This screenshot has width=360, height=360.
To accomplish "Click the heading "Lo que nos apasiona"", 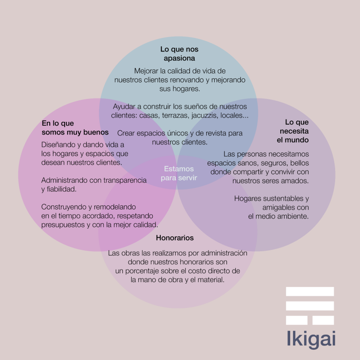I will point(180,53).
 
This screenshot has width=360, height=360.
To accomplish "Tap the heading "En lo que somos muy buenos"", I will point(75,127).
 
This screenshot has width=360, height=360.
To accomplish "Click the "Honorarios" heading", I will point(175,238).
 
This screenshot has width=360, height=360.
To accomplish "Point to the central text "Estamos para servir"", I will point(179,173).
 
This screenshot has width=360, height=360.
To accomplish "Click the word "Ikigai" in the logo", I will point(311,339).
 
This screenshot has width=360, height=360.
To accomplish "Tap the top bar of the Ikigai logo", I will point(310,291).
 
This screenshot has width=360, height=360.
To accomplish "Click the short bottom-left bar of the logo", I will point(296,320).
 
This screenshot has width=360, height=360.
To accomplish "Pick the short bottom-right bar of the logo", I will point(323,320).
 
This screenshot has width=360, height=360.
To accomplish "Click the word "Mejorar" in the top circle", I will point(146,71).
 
